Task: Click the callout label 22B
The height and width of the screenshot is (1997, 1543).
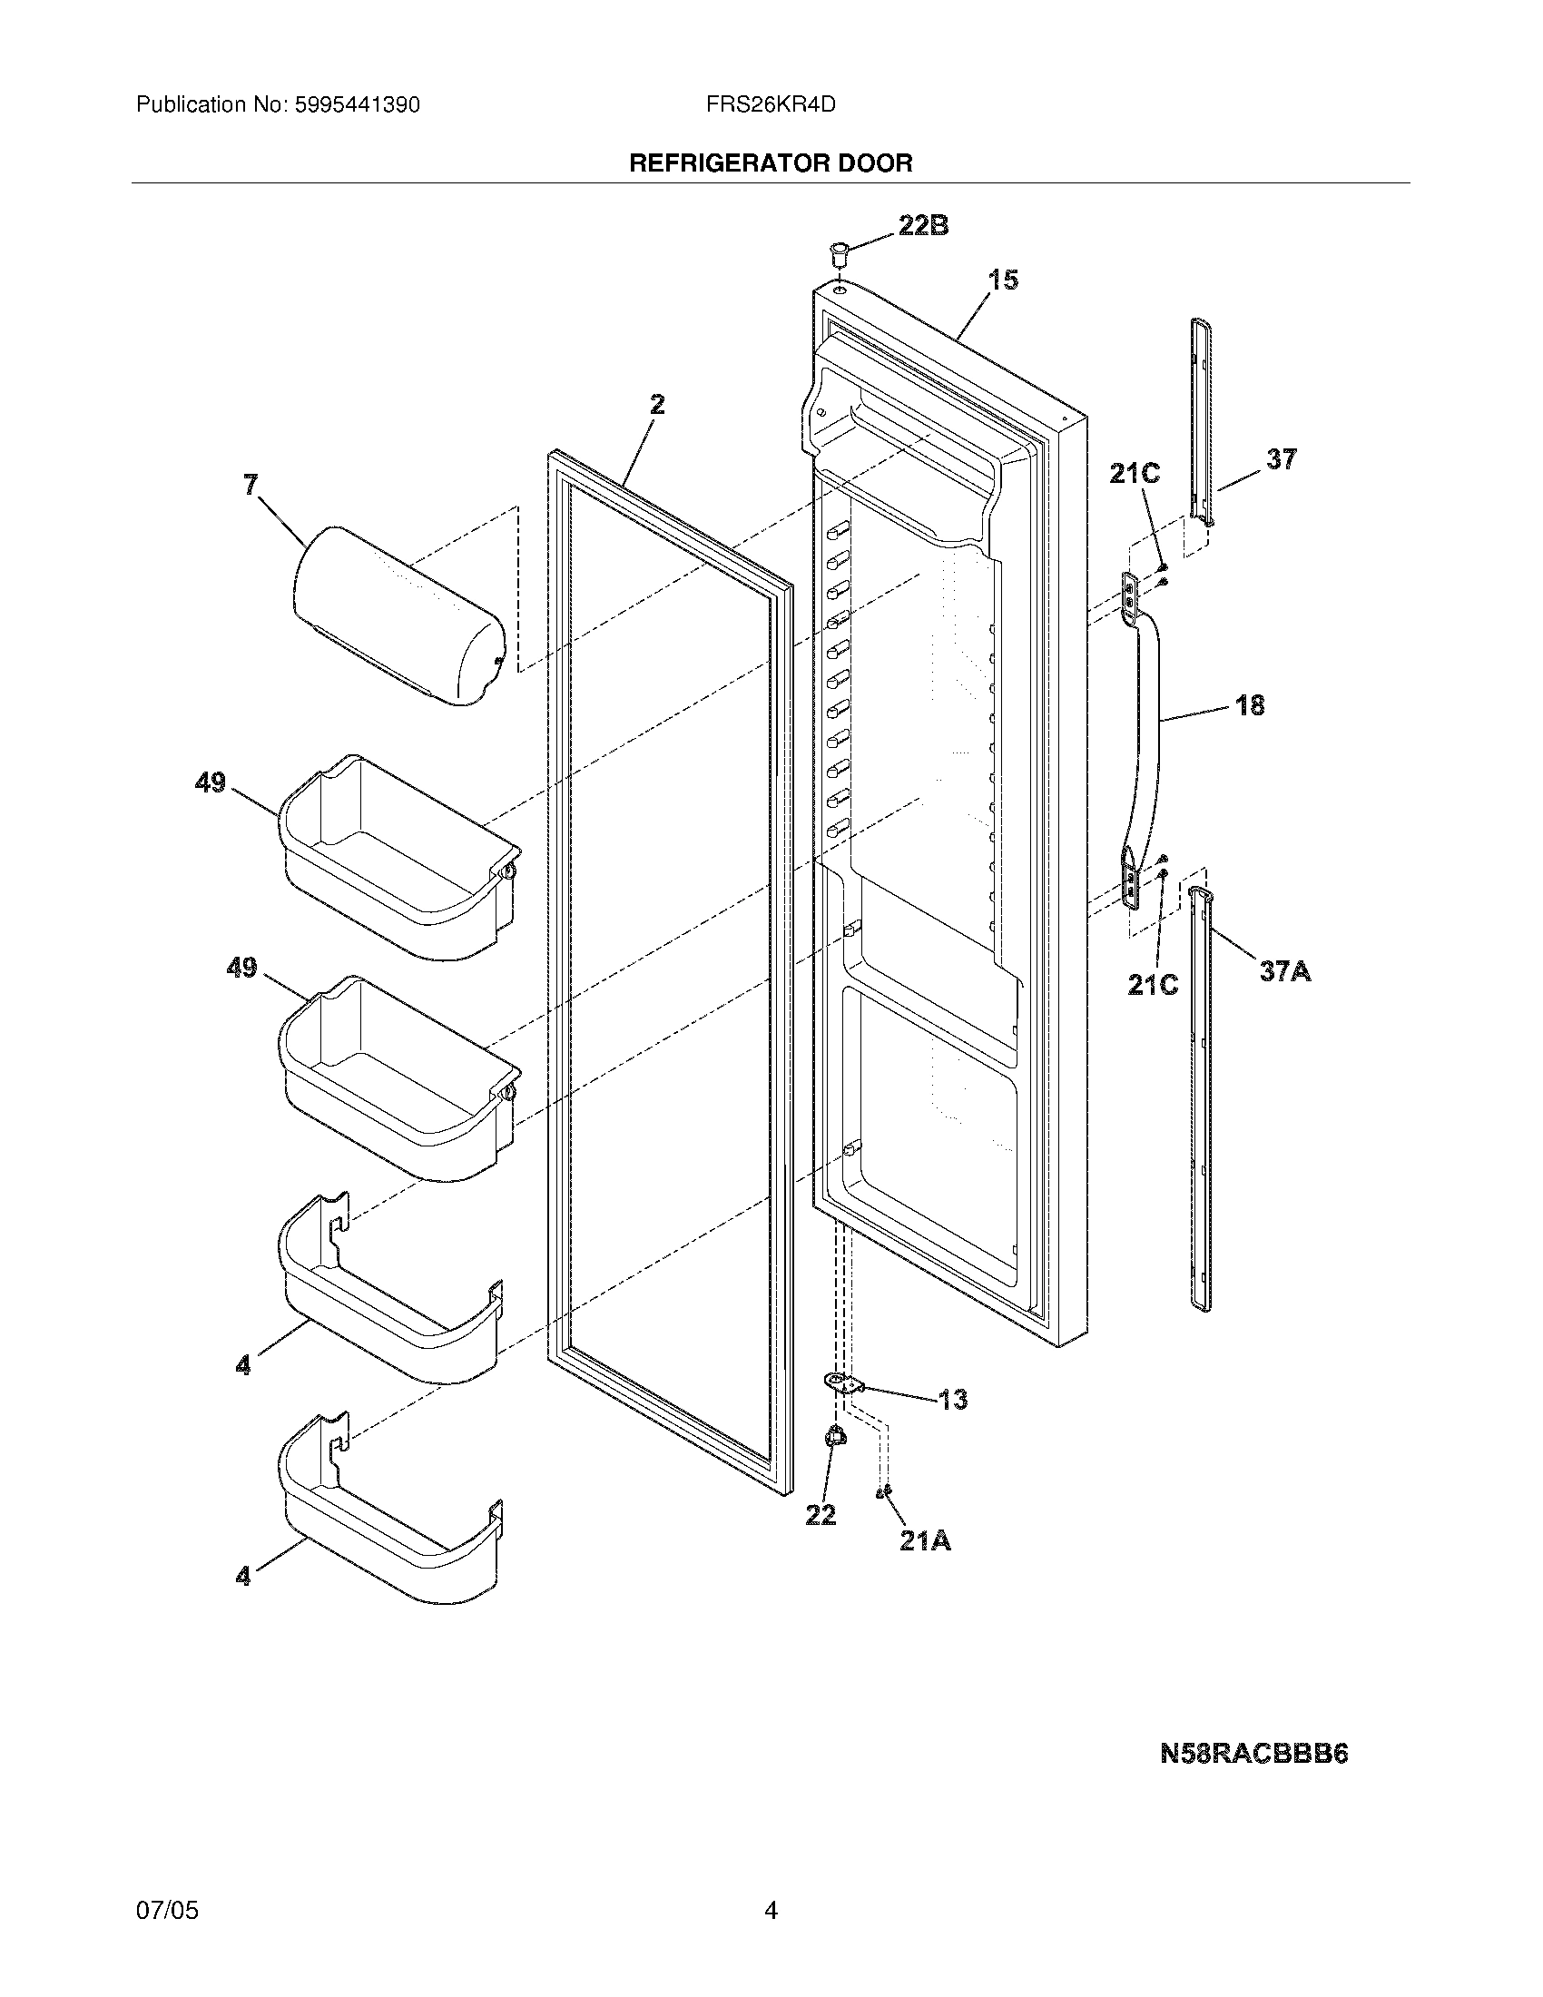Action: [923, 225]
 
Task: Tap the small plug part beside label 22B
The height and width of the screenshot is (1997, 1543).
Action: [839, 251]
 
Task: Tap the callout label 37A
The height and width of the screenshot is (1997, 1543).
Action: [1284, 970]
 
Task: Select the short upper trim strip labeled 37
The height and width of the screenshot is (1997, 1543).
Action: [1203, 420]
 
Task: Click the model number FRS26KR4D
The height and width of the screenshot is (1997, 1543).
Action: [771, 105]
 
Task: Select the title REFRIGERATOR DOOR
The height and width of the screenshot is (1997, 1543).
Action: [771, 163]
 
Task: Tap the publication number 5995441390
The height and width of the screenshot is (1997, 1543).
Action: [358, 105]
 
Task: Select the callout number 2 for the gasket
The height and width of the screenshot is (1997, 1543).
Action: [657, 403]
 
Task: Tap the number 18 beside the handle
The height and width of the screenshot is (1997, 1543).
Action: [1250, 705]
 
